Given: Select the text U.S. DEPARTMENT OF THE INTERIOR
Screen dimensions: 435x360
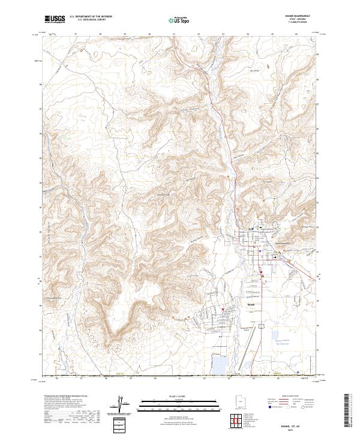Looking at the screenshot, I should point(91,17).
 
